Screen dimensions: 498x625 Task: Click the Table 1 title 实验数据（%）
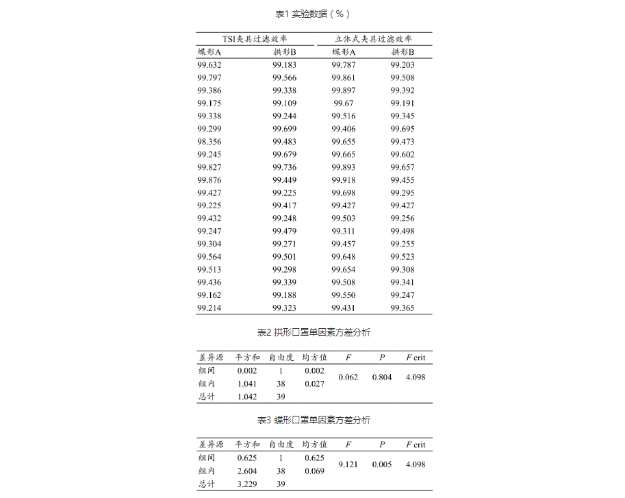click(x=313, y=14)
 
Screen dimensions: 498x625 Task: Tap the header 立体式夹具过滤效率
click(x=373, y=39)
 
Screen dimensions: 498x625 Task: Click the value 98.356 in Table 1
click(x=209, y=142)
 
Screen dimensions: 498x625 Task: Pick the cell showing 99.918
click(x=343, y=180)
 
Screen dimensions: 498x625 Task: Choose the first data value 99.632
click(x=209, y=65)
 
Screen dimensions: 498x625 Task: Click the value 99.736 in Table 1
click(x=284, y=167)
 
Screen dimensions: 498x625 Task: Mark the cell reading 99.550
click(x=343, y=295)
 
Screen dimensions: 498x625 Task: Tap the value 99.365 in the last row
click(x=403, y=308)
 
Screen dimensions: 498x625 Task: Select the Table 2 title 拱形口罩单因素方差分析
click(x=313, y=332)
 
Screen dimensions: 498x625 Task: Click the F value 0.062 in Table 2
click(x=348, y=377)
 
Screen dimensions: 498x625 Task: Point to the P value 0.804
click(x=382, y=377)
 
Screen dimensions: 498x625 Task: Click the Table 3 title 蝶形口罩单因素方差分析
click(x=313, y=420)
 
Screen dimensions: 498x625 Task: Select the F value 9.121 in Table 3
click(x=348, y=464)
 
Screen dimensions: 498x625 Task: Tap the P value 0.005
click(x=382, y=464)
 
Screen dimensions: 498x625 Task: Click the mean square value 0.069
click(x=314, y=471)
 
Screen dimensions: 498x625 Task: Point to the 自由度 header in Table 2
click(x=281, y=358)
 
